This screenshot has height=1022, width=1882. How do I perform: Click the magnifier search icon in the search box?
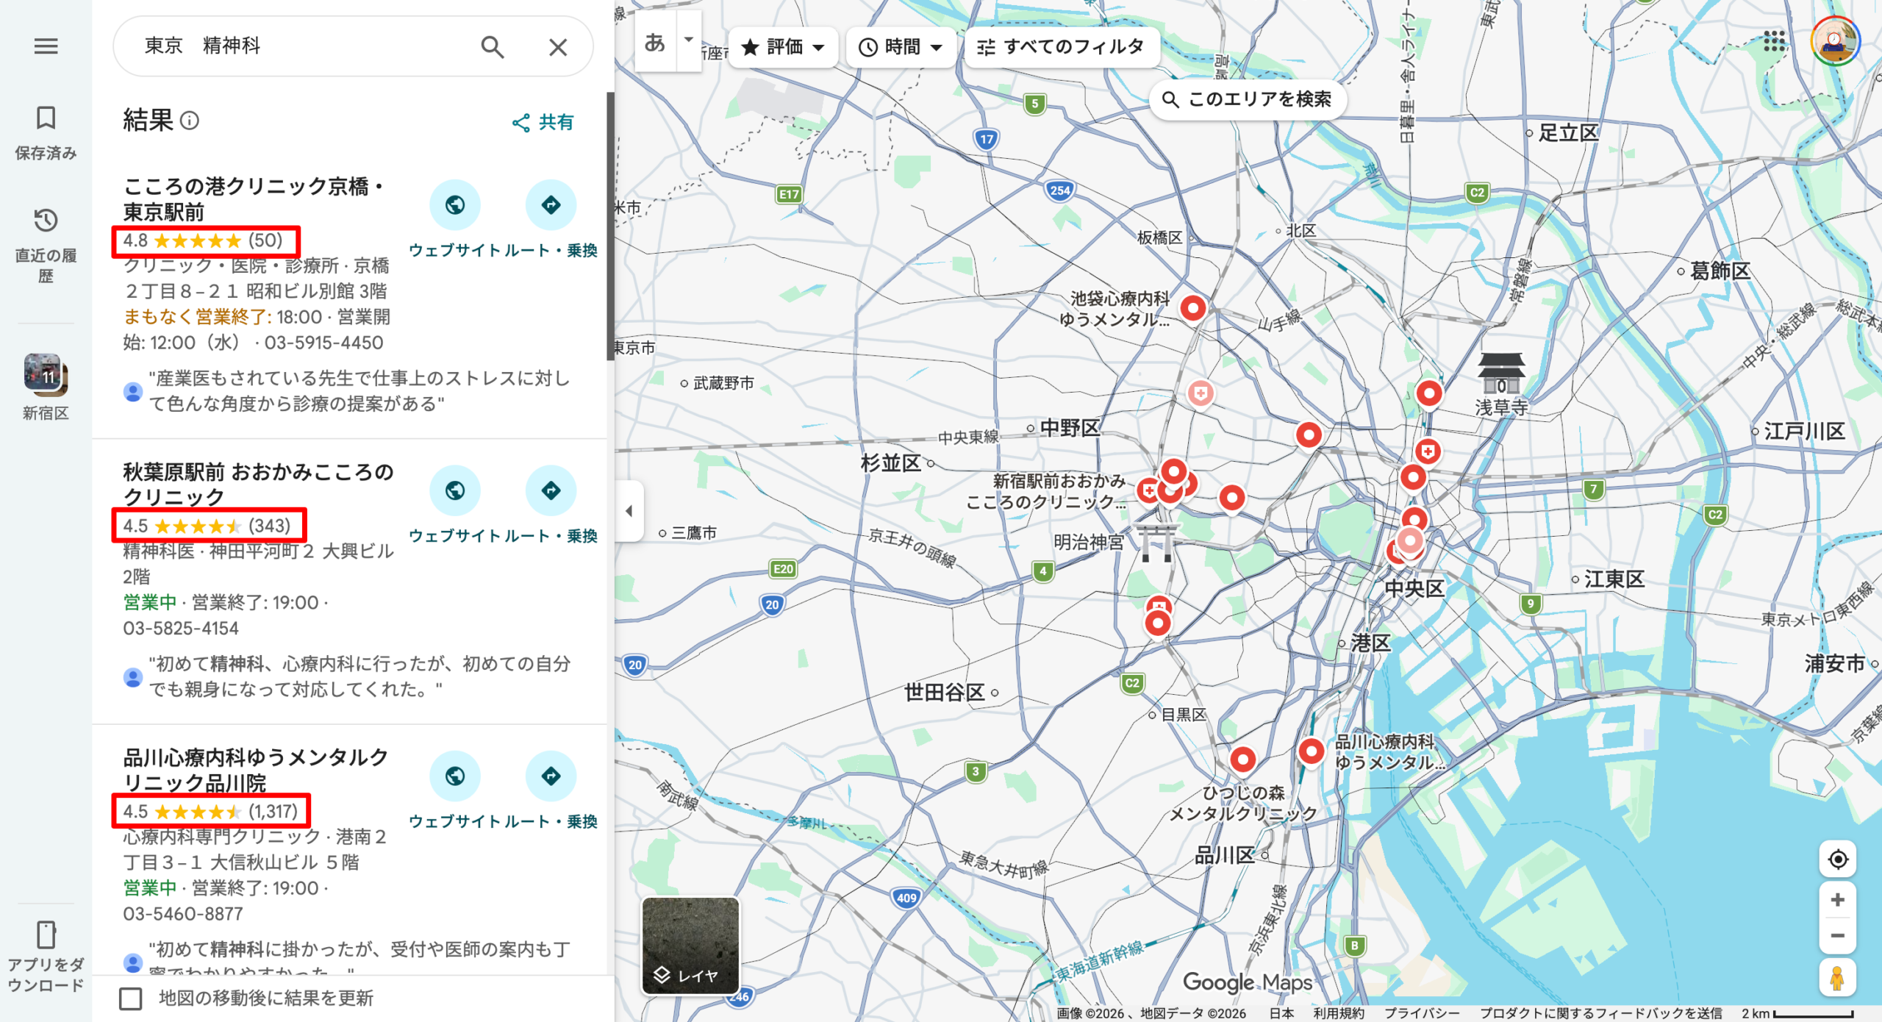[492, 47]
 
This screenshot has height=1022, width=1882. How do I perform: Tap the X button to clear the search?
[558, 47]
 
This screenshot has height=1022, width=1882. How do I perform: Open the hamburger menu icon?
[46, 46]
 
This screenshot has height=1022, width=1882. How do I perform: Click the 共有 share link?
[543, 122]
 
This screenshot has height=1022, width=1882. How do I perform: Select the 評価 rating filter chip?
[783, 47]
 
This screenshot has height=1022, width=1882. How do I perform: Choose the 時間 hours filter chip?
[901, 47]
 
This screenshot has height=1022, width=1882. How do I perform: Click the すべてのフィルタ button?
[1061, 47]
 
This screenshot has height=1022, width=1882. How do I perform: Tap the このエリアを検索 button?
[1247, 99]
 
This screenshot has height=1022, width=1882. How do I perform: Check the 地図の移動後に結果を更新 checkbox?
[131, 998]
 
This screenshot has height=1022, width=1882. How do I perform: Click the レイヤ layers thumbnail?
[690, 946]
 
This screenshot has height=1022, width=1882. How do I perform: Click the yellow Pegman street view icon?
[1836, 978]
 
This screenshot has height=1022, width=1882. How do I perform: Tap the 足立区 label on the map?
[1567, 133]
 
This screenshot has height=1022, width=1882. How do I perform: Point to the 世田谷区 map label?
[944, 692]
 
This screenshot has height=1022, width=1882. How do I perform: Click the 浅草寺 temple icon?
[1500, 372]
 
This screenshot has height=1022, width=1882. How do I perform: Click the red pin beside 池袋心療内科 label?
[1192, 308]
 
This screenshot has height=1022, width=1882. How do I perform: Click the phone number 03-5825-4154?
[181, 629]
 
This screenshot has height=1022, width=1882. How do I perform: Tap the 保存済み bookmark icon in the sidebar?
[46, 118]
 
